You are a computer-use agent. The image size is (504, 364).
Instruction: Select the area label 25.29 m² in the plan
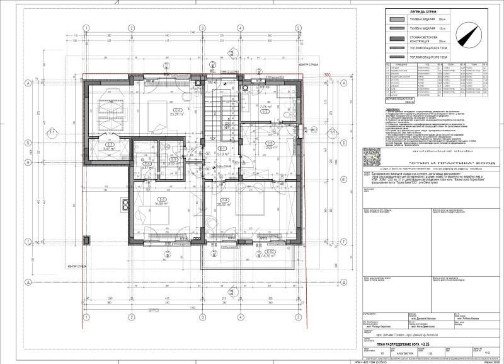tap(159, 114)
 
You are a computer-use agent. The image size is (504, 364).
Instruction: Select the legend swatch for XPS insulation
tap(392, 56)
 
